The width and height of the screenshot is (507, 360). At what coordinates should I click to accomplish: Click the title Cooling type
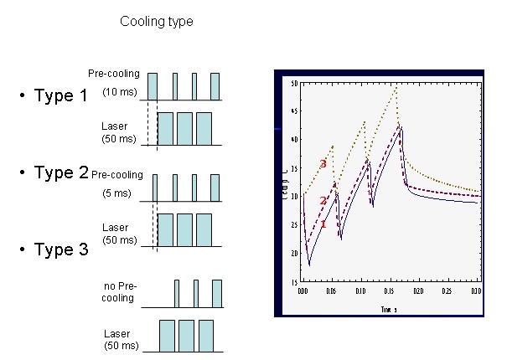coord(157,22)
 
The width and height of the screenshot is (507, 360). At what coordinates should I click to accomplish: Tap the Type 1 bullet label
coord(60,95)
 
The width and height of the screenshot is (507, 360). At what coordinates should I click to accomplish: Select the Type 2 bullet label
coord(60,173)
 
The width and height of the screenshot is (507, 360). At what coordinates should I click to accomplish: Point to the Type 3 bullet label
coord(60,249)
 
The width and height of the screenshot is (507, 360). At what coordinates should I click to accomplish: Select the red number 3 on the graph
coord(323,163)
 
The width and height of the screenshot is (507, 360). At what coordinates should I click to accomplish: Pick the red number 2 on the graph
coord(323,201)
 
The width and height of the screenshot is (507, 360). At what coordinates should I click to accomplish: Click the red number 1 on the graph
coord(323,224)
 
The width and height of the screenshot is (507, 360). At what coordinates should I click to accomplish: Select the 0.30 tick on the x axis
coord(475,291)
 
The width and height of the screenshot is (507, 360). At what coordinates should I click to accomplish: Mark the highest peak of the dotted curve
coord(396,86)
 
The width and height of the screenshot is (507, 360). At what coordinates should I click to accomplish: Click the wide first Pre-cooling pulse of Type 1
coord(153,86)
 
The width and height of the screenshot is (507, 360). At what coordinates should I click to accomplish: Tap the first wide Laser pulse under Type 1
coord(165,128)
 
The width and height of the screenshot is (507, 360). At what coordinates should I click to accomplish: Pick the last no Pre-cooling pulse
coord(217,293)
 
